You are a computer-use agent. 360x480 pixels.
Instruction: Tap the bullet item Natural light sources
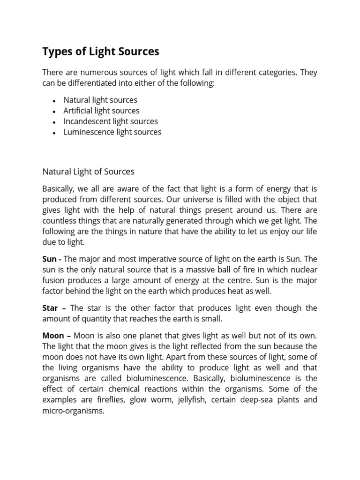100,100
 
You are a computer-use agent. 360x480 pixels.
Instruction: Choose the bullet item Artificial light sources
101,111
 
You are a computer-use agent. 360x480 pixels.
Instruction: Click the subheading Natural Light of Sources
88,172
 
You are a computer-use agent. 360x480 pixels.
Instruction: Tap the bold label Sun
49,259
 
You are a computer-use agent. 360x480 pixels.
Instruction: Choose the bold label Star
50,308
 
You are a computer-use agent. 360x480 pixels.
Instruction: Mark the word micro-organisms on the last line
73,411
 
